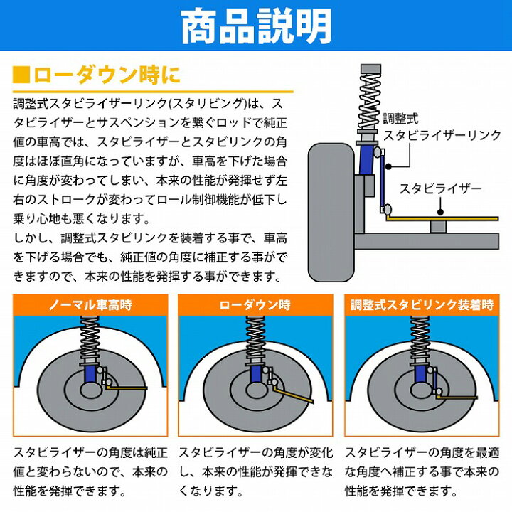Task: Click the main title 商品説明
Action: tap(256, 26)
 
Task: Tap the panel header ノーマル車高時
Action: tap(91, 305)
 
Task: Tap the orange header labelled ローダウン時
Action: tap(255, 305)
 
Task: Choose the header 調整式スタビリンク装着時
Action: tap(422, 305)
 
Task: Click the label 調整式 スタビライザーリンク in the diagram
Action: tap(434, 127)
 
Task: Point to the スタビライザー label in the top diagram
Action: tap(440, 189)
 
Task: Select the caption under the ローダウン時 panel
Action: tap(255, 471)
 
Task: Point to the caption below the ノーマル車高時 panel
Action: tap(91, 471)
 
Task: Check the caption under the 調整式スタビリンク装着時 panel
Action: tap(422, 471)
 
